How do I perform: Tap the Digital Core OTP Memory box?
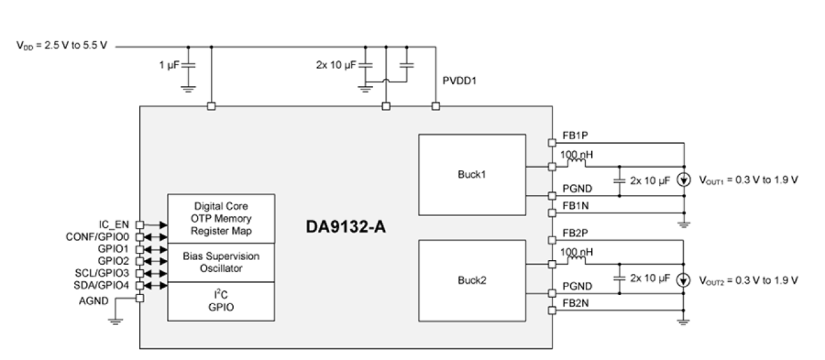(221, 218)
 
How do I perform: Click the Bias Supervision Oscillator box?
(221, 262)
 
